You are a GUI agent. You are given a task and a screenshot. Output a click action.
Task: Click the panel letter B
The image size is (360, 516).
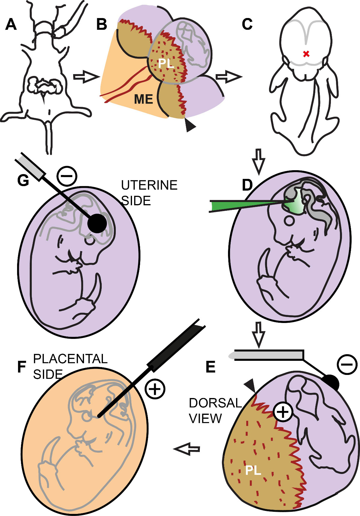click(x=102, y=24)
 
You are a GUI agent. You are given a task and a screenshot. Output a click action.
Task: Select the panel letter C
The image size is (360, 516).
click(x=247, y=24)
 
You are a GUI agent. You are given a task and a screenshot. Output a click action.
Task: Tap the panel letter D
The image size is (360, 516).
click(x=247, y=185)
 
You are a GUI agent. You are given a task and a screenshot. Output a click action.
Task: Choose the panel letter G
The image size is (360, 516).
click(x=23, y=180)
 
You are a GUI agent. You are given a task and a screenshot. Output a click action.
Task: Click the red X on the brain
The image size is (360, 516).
click(x=306, y=54)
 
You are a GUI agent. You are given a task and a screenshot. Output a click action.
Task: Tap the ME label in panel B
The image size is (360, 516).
click(x=143, y=99)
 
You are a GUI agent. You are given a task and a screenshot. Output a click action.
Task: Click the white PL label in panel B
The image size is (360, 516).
click(x=166, y=63)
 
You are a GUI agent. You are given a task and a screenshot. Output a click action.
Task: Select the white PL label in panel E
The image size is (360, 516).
click(x=253, y=470)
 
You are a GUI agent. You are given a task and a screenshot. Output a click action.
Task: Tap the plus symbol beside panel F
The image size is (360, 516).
click(x=155, y=389)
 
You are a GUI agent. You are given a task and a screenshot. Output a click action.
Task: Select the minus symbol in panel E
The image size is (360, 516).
click(x=347, y=364)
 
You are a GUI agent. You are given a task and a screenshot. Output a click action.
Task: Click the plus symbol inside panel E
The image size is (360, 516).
click(x=283, y=412)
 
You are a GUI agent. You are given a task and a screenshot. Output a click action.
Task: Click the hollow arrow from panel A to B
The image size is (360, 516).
click(x=86, y=77)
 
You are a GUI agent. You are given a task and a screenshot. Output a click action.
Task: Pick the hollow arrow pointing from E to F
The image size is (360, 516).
click(x=187, y=449)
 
